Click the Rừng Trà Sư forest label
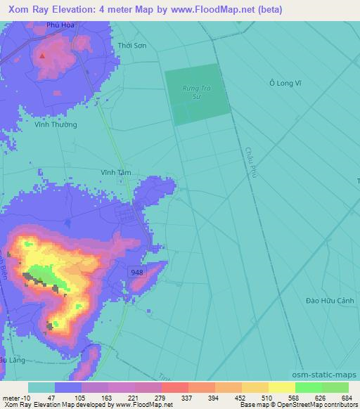(197, 90)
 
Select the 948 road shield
(138, 271)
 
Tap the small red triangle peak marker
(43, 55)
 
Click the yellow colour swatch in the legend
(281, 387)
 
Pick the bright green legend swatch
(308, 387)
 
